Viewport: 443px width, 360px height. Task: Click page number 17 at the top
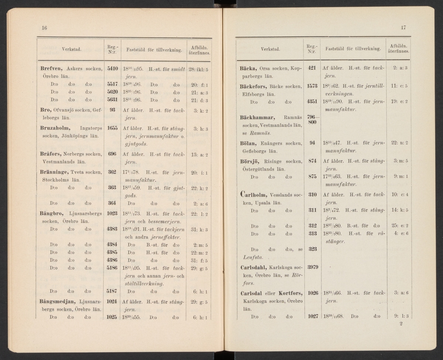[403, 28]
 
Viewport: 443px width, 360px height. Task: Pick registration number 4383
[112, 229]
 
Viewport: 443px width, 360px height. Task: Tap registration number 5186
[112, 268]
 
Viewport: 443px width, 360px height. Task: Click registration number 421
[312, 68]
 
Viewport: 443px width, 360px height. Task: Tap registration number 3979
[312, 267]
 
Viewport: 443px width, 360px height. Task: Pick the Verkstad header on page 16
[71, 49]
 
